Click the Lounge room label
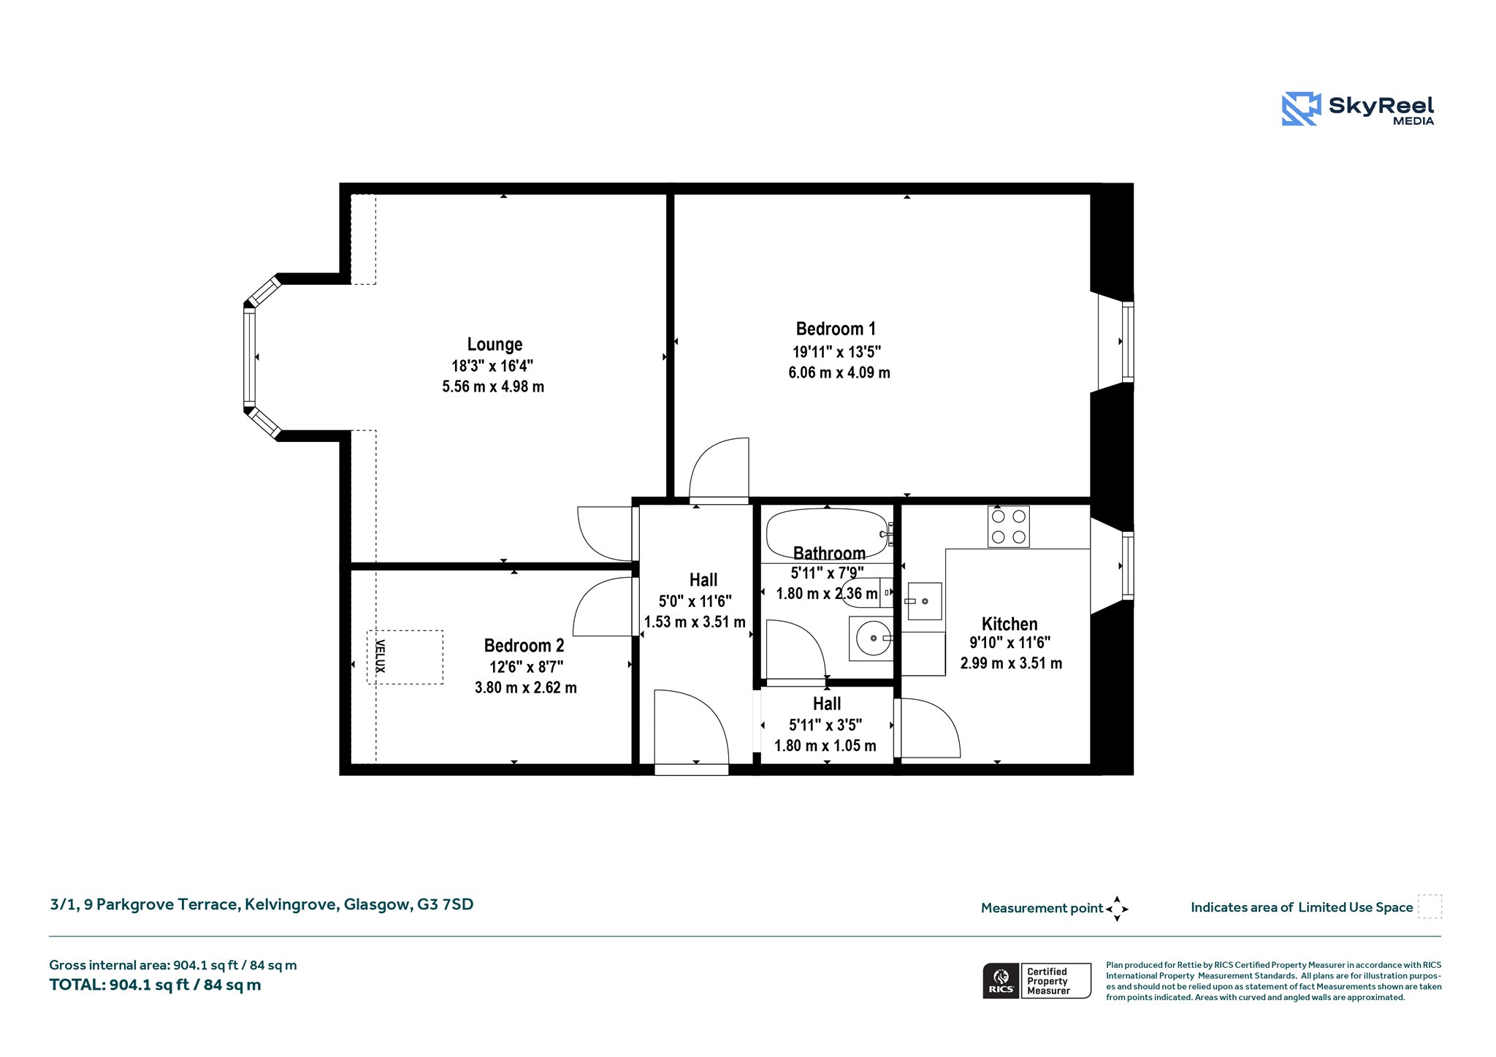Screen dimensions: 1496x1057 pos(495,345)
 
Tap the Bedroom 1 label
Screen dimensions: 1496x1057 pos(836,329)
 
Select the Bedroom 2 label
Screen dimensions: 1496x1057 pos(524,646)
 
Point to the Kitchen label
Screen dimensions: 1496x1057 pos(1010,624)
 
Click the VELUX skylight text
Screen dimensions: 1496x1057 pos(380,656)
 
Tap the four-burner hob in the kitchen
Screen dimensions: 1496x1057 pos(1009,527)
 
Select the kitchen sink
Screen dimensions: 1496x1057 pos(924,601)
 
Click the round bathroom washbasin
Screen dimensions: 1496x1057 pos(873,638)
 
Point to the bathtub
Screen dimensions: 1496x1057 pos(827,534)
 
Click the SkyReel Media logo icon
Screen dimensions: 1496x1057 pos(1302,109)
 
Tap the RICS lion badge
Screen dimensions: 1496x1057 pos(1001,980)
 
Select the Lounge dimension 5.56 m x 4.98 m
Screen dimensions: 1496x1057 pos(493,386)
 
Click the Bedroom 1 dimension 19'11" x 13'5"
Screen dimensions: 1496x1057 pos(837,351)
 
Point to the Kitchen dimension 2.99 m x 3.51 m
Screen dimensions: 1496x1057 pos(1011,663)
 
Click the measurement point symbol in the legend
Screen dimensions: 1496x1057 pos(1117,909)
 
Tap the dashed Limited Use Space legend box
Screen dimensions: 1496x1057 pos(1430,907)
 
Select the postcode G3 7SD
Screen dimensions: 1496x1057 pos(445,904)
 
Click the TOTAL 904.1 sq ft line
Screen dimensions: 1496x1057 pos(155,985)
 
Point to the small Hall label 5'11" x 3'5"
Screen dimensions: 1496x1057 pos(825,725)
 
